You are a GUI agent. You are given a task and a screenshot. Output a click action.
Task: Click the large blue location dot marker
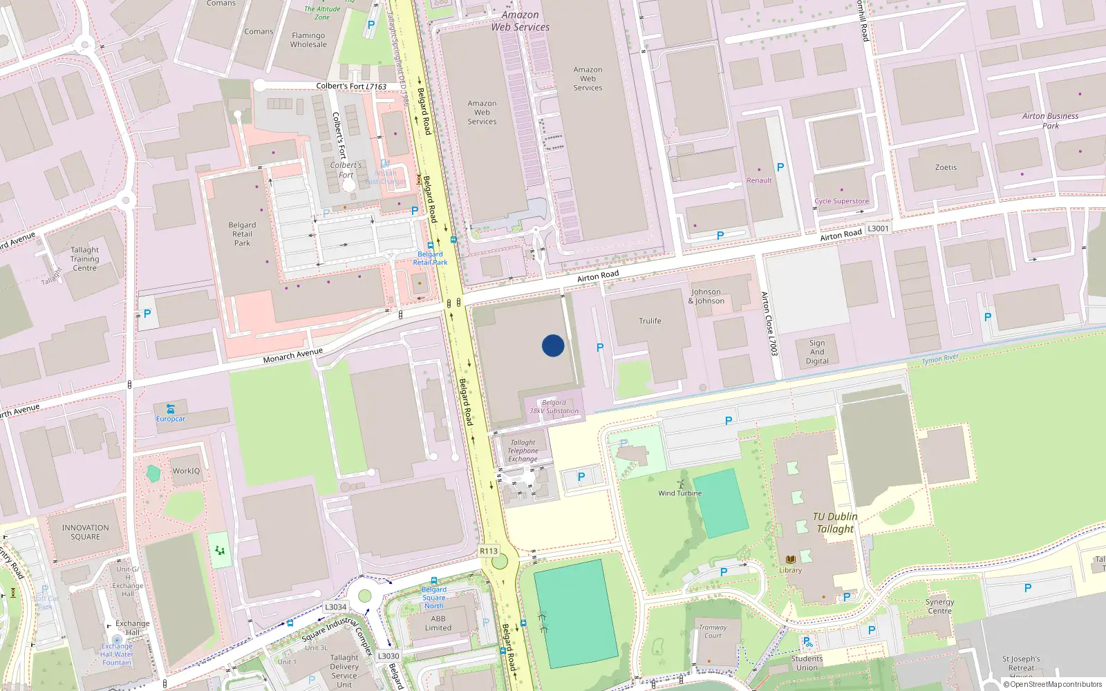pyautogui.click(x=552, y=345)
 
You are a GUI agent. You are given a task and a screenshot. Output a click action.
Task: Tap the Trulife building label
pyautogui.click(x=650, y=321)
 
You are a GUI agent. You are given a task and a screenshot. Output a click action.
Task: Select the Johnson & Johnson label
pyautogui.click(x=706, y=296)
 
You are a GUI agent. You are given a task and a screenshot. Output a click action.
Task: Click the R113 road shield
pyautogui.click(x=489, y=551)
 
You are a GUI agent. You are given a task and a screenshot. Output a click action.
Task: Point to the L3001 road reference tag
pyautogui.click(x=878, y=228)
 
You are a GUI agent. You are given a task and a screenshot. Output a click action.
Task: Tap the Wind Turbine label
pyautogui.click(x=679, y=493)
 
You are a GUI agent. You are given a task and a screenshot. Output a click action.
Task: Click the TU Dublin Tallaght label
pyautogui.click(x=835, y=522)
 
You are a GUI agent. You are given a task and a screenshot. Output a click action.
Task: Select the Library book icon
pyautogui.click(x=791, y=559)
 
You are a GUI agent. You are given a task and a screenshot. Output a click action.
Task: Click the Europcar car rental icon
pyautogui.click(x=170, y=409)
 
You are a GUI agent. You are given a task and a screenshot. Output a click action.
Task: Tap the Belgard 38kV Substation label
pyautogui.click(x=554, y=406)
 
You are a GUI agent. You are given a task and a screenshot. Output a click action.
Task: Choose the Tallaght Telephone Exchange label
pyautogui.click(x=523, y=451)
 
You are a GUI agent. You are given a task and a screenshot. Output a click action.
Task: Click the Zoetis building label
pyautogui.click(x=946, y=167)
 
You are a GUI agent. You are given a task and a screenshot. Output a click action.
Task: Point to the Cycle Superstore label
pyautogui.click(x=841, y=201)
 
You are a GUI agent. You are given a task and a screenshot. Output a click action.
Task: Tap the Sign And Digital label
pyautogui.click(x=817, y=352)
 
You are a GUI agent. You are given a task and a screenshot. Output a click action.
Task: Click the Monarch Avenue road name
pyautogui.click(x=292, y=356)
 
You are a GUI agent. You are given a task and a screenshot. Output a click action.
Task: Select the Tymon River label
pyautogui.click(x=940, y=359)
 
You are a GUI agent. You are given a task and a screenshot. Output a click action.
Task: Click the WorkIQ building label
pyautogui.click(x=186, y=471)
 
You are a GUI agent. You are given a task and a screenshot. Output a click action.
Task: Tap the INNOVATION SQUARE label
pyautogui.click(x=85, y=532)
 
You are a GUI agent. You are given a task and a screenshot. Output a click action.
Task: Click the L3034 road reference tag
pyautogui.click(x=335, y=607)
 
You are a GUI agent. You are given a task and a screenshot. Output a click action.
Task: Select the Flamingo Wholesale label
pyautogui.click(x=308, y=40)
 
